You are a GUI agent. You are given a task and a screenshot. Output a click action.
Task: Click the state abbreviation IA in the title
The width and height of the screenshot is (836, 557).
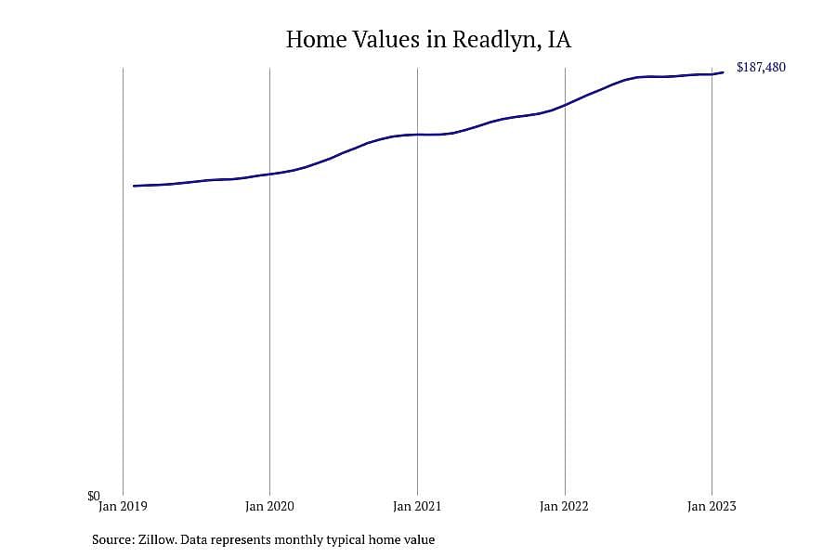point(559,39)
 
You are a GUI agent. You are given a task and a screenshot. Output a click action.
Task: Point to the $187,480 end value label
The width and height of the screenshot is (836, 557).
point(761,67)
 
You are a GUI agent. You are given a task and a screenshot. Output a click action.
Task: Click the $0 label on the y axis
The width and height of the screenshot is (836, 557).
point(94,497)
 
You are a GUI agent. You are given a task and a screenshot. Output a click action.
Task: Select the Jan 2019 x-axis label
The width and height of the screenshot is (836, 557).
point(123,506)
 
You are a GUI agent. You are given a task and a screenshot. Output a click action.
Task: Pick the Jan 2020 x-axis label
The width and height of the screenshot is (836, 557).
point(269,506)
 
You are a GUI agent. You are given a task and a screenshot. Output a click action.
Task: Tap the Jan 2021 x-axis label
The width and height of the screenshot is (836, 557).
point(417,506)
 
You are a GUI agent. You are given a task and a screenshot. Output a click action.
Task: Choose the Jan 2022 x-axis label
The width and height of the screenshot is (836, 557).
point(564,506)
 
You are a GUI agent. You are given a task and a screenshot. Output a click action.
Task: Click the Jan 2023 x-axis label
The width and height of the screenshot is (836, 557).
point(712,506)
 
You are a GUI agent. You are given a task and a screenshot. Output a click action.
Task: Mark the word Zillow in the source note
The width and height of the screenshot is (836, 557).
point(157,539)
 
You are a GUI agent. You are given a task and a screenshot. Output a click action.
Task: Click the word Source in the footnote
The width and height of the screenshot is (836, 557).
point(113,539)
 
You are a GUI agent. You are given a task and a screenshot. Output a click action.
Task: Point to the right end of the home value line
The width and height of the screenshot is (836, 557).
point(723,72)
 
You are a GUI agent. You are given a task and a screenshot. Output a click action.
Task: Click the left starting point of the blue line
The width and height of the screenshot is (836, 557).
point(134,186)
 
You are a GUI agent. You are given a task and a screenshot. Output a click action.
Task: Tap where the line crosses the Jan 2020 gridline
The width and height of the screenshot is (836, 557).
point(269,175)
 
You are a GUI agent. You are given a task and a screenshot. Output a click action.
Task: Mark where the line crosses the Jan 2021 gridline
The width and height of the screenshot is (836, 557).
point(417,135)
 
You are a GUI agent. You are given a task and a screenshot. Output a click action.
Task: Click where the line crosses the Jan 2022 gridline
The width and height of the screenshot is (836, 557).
point(565,105)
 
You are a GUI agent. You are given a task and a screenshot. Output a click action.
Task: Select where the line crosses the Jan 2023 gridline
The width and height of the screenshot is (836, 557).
point(712,74)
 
